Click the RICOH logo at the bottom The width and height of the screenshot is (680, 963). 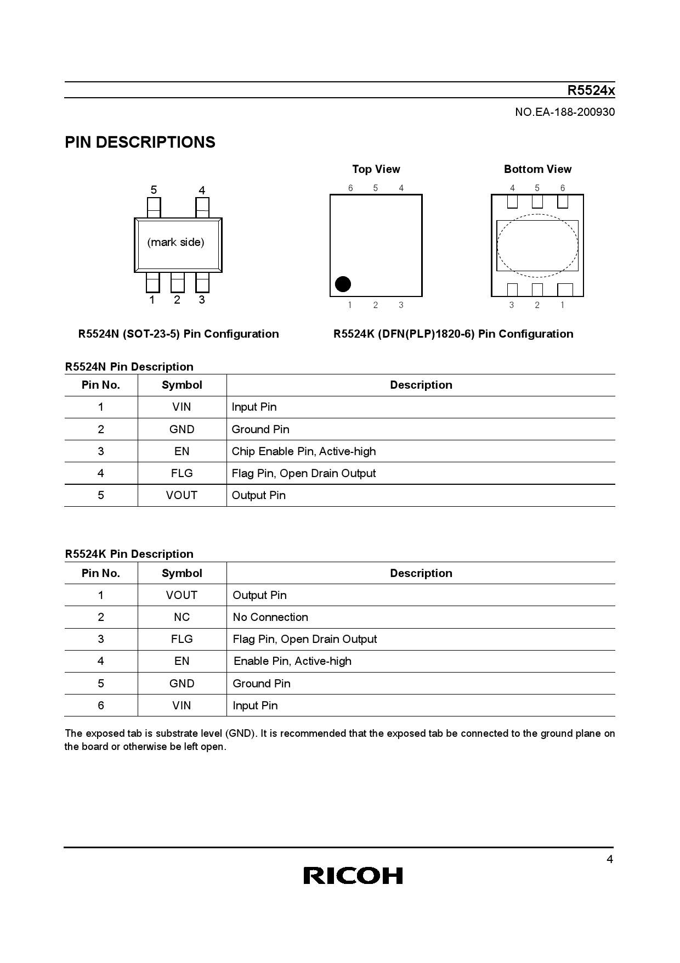click(353, 875)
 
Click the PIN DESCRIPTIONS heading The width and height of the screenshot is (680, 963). click(140, 143)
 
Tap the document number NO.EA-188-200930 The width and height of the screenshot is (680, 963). click(565, 112)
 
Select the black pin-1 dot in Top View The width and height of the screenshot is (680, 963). click(343, 284)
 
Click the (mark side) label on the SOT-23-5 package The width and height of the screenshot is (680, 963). click(175, 242)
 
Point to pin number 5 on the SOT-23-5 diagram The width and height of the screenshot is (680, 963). click(154, 190)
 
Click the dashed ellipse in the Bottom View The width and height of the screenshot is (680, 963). click(537, 245)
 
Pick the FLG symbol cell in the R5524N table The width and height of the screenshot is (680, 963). click(182, 473)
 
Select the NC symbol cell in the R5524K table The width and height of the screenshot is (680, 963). click(182, 617)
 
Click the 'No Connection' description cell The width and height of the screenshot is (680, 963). click(270, 617)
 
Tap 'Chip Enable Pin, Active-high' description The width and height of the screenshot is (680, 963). click(304, 451)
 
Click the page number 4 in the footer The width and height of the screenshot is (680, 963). click(610, 860)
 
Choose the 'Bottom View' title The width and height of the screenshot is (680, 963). click(537, 169)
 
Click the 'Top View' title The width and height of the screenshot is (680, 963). click(376, 169)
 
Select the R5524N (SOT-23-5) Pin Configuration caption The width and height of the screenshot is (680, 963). click(178, 334)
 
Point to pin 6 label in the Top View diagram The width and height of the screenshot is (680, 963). click(350, 188)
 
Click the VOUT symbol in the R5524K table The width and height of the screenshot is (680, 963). click(182, 595)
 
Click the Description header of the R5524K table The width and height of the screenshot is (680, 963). click(421, 573)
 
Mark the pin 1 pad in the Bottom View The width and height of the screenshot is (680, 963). click(564, 289)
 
